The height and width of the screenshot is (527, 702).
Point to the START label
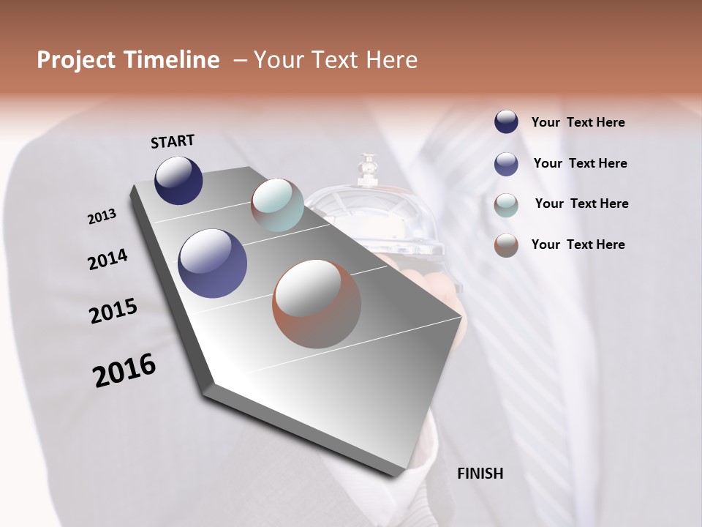coord(173,141)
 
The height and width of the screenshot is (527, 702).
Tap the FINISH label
coord(480,474)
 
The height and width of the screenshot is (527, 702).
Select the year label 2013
coord(102,217)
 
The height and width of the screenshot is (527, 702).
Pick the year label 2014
coord(108,259)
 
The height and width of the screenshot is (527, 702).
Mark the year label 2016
coord(124,371)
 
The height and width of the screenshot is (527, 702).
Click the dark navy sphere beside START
coord(178,180)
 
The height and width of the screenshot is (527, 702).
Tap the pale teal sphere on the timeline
coord(277,205)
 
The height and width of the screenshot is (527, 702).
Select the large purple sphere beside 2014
coord(213,263)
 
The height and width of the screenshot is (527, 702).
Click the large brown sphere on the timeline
coord(317,304)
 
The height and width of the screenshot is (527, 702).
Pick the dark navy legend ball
coord(506,122)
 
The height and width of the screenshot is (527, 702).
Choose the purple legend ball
coord(506,164)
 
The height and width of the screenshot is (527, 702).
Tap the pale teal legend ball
coord(506,205)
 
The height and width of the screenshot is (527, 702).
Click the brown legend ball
coord(506,245)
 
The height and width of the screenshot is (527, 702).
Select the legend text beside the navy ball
coord(578,122)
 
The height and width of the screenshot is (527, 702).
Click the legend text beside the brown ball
coord(578,244)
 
